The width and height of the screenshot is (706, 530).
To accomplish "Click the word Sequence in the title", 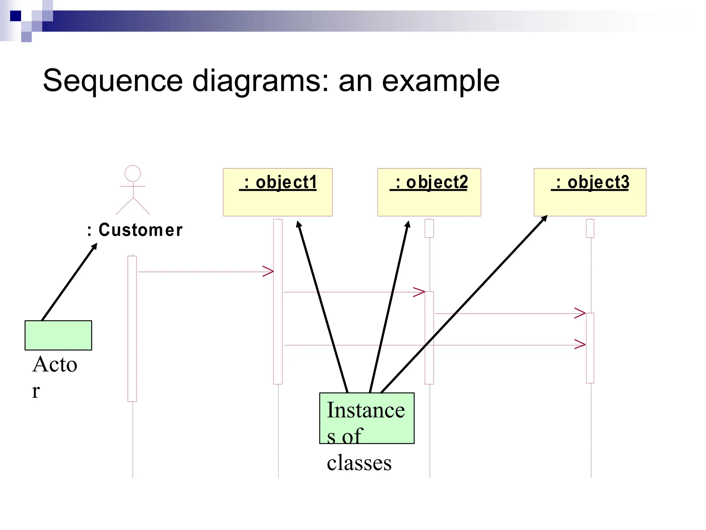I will pyautogui.click(x=113, y=80).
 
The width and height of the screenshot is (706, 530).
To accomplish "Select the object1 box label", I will pyautogui.click(x=279, y=182).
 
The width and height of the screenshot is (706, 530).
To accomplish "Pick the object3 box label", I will pyautogui.click(x=590, y=182).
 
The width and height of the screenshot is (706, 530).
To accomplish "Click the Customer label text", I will pyautogui.click(x=135, y=230).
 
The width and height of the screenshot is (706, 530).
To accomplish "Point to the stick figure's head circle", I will pyautogui.click(x=133, y=173).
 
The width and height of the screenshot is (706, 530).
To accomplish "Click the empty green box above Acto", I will pyautogui.click(x=58, y=335).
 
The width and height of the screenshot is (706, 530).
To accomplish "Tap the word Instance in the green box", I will pyautogui.click(x=366, y=410).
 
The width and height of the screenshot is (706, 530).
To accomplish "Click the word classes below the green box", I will pyautogui.click(x=359, y=463).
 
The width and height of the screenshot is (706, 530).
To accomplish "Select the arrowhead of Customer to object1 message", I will pyautogui.click(x=269, y=272).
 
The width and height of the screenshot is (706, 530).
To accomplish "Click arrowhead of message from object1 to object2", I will pyautogui.click(x=419, y=292).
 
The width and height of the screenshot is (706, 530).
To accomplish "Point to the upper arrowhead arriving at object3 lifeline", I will pyautogui.click(x=580, y=313).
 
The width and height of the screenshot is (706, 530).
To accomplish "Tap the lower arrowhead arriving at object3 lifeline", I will pyautogui.click(x=580, y=344).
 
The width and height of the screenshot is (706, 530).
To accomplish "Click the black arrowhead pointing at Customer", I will pyautogui.click(x=94, y=246).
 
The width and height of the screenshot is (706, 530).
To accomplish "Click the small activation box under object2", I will pyautogui.click(x=429, y=228).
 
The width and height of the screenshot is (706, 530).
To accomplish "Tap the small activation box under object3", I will pyautogui.click(x=590, y=228).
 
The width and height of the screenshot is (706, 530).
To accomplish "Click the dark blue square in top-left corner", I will pyautogui.click(x=16, y=16).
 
